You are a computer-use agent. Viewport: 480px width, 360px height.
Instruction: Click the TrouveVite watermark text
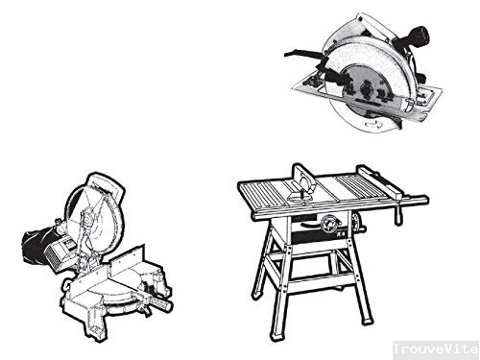436,348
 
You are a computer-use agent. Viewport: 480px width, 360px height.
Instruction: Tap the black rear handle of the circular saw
412,36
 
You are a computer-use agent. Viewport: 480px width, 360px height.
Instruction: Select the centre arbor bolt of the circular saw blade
366,88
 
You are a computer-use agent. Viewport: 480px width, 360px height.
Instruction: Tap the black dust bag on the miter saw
35,243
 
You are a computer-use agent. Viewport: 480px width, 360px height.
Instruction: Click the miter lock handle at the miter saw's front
156,303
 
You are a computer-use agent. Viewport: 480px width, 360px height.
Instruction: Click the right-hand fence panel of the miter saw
127,258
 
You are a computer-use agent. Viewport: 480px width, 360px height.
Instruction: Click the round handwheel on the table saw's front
328,224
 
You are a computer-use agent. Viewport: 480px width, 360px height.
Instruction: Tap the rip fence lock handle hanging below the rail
398,213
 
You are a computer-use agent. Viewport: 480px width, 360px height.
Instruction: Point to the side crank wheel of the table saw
357,223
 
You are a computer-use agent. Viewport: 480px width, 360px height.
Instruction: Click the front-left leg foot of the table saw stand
276,334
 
